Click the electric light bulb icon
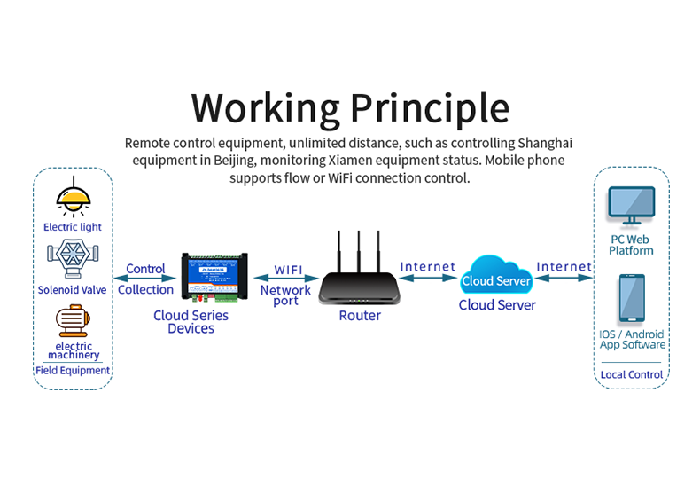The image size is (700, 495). pyautogui.click(x=72, y=198)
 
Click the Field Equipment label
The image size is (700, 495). pyautogui.click(x=73, y=371)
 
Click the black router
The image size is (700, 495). pyautogui.click(x=360, y=286)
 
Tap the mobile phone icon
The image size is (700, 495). pyautogui.click(x=632, y=300)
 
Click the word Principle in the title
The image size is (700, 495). pyautogui.click(x=430, y=108)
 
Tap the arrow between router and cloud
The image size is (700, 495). pyautogui.click(x=428, y=278)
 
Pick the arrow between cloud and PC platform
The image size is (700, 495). pyautogui.click(x=564, y=278)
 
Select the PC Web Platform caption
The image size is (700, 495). pyautogui.click(x=631, y=245)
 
